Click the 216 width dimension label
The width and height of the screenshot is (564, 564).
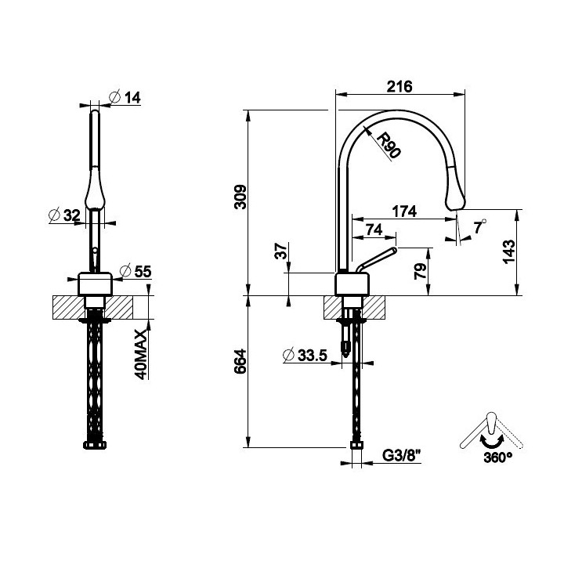click(x=399, y=87)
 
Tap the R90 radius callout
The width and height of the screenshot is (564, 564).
click(x=388, y=146)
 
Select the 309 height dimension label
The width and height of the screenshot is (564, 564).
click(x=240, y=197)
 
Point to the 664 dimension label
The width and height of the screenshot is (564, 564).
click(x=240, y=361)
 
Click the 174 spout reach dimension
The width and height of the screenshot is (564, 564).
click(x=404, y=211)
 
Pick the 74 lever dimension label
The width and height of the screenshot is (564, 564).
click(x=374, y=230)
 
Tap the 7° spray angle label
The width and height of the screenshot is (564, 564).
click(x=480, y=226)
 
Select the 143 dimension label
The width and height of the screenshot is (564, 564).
click(x=508, y=251)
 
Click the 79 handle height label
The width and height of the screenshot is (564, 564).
click(x=420, y=271)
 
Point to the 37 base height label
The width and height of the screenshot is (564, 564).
click(x=281, y=251)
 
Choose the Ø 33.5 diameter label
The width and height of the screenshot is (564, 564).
click(x=305, y=356)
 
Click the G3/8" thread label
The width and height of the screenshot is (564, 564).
click(x=401, y=456)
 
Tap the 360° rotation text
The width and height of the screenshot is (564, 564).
click(x=498, y=457)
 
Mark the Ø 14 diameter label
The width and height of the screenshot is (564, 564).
click(x=125, y=97)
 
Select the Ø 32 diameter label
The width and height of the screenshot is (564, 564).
click(x=64, y=215)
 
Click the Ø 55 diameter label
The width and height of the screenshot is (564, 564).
click(x=136, y=271)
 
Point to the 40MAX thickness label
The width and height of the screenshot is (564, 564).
click(x=141, y=354)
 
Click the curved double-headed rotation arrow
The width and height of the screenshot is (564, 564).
click(x=492, y=441)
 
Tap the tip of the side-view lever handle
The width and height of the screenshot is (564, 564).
click(x=395, y=250)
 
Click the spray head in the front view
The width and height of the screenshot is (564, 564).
click(x=95, y=188)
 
